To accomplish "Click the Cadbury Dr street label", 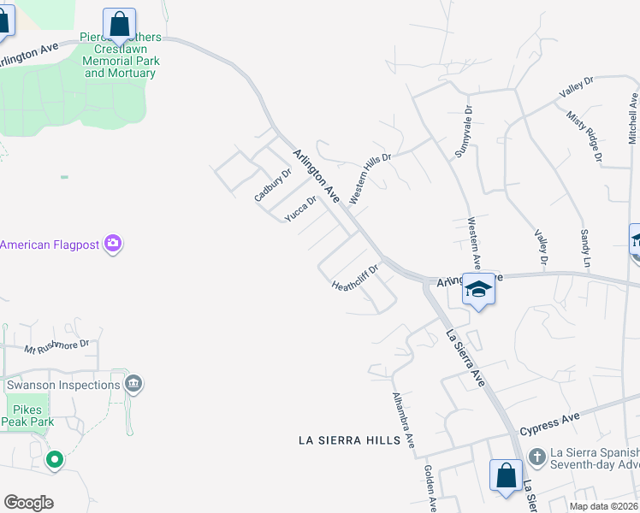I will point(273,184).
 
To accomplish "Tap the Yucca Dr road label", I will point(300,209).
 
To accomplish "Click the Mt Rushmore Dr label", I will point(56,346).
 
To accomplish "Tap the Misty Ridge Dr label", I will point(584,135).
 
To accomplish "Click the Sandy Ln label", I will point(585,247).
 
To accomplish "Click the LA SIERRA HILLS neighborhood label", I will point(349,440).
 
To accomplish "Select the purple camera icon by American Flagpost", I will point(113,245).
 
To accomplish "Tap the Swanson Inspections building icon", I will point(133,385).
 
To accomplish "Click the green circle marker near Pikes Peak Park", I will point(54,460).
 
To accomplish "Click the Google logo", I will point(29,503).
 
